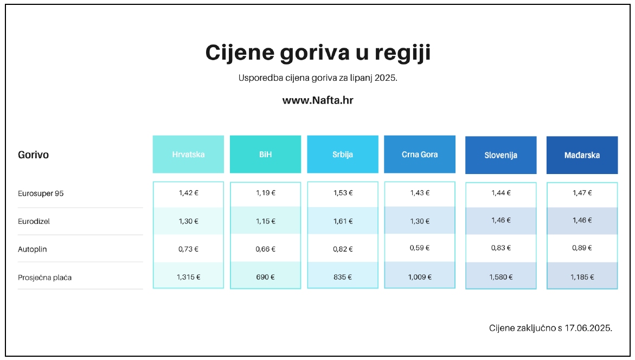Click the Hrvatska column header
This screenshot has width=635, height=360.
(188, 155)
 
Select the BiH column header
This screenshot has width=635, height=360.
(265, 155)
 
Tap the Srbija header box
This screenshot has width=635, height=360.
(343, 155)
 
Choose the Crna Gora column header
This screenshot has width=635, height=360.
(420, 155)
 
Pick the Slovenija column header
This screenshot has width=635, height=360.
(501, 155)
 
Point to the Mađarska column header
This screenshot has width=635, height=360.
(582, 155)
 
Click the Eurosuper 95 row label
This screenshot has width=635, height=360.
(41, 194)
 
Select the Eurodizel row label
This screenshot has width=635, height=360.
(34, 222)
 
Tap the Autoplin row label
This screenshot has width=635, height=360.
(33, 249)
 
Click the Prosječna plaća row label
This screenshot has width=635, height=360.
(44, 278)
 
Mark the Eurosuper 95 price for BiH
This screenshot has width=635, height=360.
(265, 193)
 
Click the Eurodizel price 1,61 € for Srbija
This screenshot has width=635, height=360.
(343, 221)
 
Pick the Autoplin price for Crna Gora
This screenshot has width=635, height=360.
(420, 248)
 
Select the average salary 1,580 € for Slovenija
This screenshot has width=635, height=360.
(501, 277)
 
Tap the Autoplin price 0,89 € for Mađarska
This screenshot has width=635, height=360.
(582, 248)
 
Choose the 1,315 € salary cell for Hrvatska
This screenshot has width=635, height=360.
(188, 277)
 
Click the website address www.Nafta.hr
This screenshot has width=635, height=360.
(318, 100)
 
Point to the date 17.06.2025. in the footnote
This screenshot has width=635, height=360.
(588, 328)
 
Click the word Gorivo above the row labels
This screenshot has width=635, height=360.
(33, 155)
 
